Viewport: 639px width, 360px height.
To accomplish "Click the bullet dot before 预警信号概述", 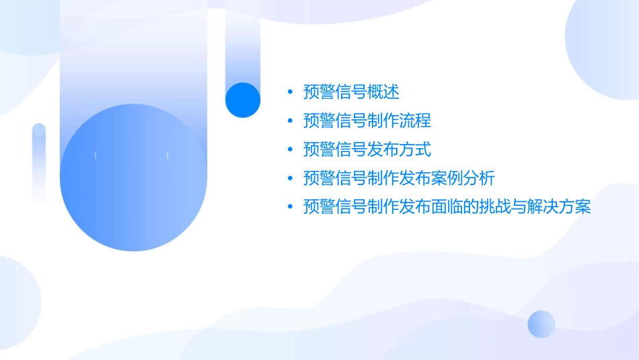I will [x=289, y=92].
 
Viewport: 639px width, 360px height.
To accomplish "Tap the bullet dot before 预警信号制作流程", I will [x=289, y=121].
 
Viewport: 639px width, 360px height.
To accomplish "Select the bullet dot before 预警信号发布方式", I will [x=289, y=149].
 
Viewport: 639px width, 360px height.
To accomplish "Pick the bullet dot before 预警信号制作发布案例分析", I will [x=289, y=178].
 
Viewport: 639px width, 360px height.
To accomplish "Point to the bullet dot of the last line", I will [x=289, y=207].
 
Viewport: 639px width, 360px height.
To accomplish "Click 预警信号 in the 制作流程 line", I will [x=335, y=121].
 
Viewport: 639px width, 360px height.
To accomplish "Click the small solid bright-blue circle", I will [x=243, y=100].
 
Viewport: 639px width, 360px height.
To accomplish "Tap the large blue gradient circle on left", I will [x=133, y=178].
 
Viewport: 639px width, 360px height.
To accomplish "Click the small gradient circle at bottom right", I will [x=541, y=324].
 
